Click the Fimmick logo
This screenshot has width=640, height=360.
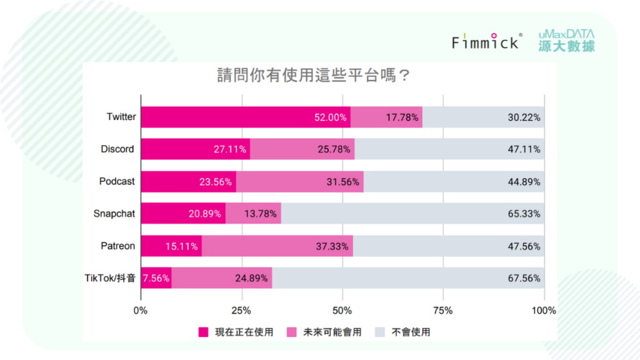(486, 41)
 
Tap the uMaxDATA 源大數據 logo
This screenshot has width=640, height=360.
(567, 41)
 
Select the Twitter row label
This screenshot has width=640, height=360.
(121, 117)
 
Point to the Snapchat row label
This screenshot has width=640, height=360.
(114, 214)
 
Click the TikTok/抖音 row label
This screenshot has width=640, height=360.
(110, 278)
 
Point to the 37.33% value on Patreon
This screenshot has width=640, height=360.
(332, 246)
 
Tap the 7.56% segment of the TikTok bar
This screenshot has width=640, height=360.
(156, 278)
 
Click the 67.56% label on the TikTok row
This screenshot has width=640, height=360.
(525, 278)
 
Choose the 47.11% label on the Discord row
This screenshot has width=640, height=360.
(525, 149)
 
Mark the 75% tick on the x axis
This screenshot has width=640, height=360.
(443, 311)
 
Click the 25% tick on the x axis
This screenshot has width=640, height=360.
(241, 311)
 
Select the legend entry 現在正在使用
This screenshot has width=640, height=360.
(236, 332)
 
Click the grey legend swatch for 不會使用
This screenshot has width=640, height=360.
(379, 332)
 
